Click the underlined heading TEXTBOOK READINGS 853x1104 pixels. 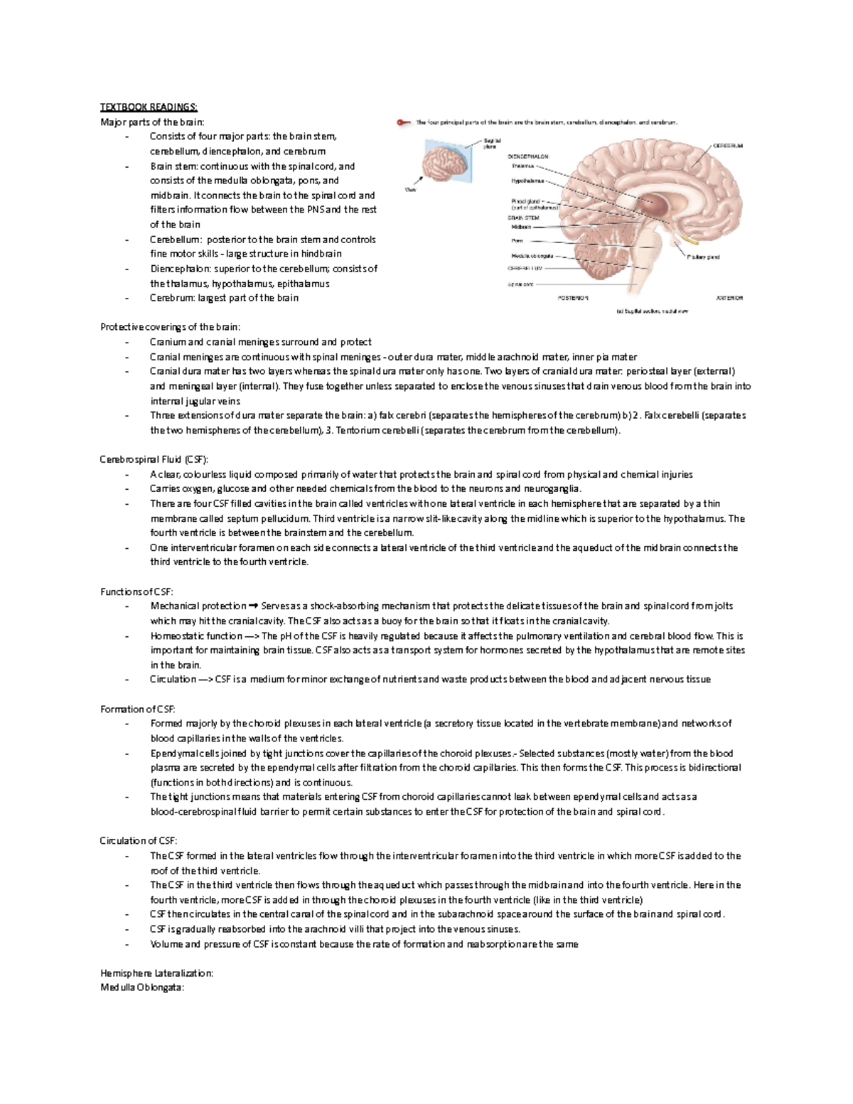[x=149, y=107]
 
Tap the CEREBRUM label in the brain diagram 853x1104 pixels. [x=727, y=146]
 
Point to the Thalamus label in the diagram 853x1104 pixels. [x=522, y=166]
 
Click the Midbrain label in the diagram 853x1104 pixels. [x=521, y=227]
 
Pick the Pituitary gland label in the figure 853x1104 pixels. [x=703, y=257]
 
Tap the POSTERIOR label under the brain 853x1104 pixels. [x=572, y=298]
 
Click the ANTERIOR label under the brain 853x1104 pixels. [x=729, y=298]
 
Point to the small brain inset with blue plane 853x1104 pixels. [x=444, y=161]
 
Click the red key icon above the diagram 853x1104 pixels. [x=404, y=122]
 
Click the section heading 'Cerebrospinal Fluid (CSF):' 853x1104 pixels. [x=154, y=459]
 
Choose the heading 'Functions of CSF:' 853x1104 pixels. [x=136, y=591]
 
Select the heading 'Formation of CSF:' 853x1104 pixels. [x=137, y=709]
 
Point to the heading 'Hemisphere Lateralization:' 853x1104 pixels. [x=156, y=973]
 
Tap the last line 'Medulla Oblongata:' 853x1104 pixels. [x=142, y=988]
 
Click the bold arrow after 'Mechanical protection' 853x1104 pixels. [x=254, y=606]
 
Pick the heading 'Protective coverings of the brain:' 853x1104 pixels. [x=171, y=327]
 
